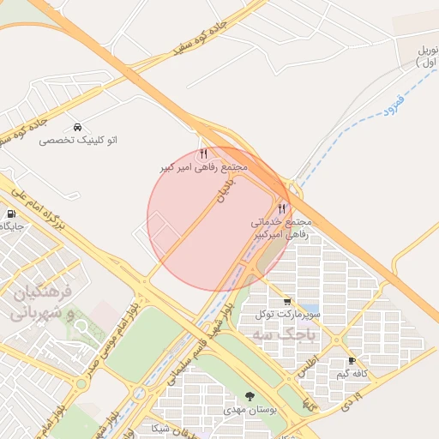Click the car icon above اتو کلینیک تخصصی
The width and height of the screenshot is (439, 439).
pyautogui.click(x=78, y=127)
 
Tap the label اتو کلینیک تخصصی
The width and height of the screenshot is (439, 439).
pyautogui.click(x=78, y=140)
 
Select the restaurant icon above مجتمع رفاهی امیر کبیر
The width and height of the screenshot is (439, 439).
pyautogui.click(x=203, y=154)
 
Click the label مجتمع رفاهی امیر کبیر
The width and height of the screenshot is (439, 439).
pyautogui.click(x=203, y=167)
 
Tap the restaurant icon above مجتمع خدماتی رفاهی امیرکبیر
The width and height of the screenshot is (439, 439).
pyautogui.click(x=281, y=208)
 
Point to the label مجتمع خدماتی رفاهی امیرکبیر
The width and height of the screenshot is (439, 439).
pyautogui.click(x=281, y=227)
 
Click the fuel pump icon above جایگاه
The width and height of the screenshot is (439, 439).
pyautogui.click(x=10, y=214)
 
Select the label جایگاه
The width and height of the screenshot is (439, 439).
pyautogui.click(x=12, y=227)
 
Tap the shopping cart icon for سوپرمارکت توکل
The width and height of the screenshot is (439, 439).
pyautogui.click(x=286, y=302)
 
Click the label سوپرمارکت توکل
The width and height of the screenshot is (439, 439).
pyautogui.click(x=286, y=315)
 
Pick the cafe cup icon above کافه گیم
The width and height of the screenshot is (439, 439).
pyautogui.click(x=352, y=361)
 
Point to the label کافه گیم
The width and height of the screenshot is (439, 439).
pyautogui.click(x=352, y=374)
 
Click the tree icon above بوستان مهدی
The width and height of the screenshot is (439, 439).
pyautogui.click(x=250, y=396)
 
